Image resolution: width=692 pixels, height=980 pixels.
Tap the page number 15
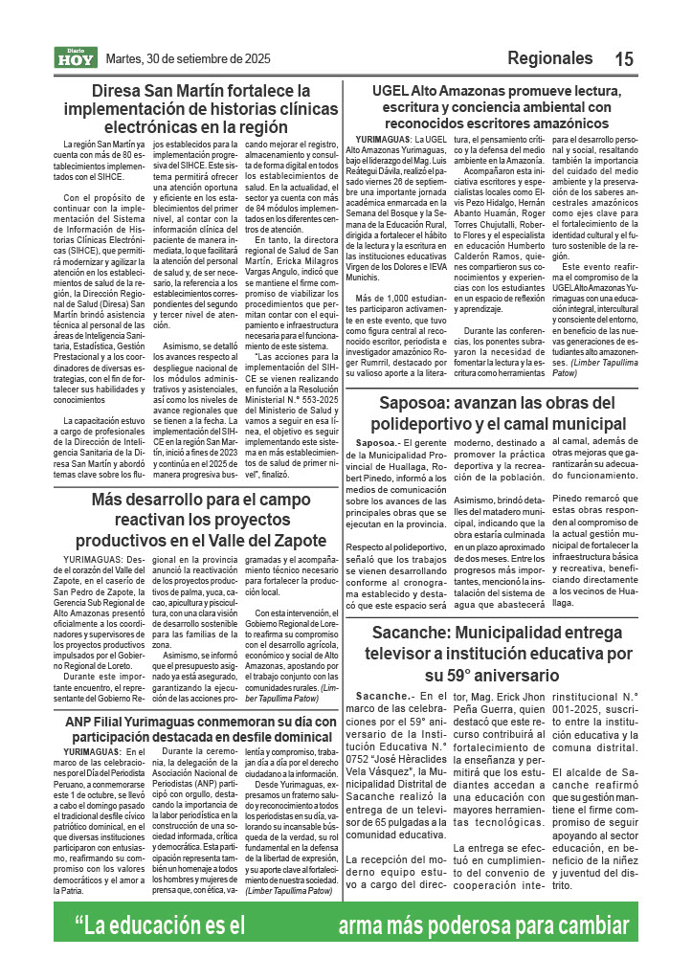click(624, 59)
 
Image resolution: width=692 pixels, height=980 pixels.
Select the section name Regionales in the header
click(550, 58)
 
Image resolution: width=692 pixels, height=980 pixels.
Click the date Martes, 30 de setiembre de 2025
click(188, 58)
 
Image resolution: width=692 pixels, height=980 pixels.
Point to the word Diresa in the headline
click(119, 91)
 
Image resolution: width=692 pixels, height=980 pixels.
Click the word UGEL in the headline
click(391, 91)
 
